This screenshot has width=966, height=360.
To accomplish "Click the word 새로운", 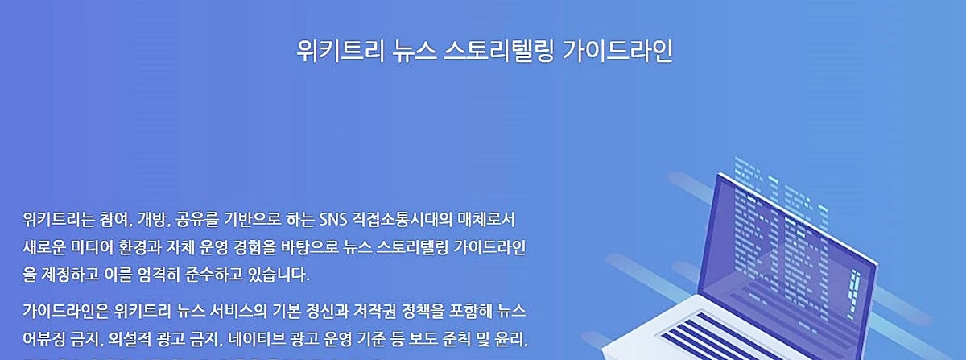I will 45,247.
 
